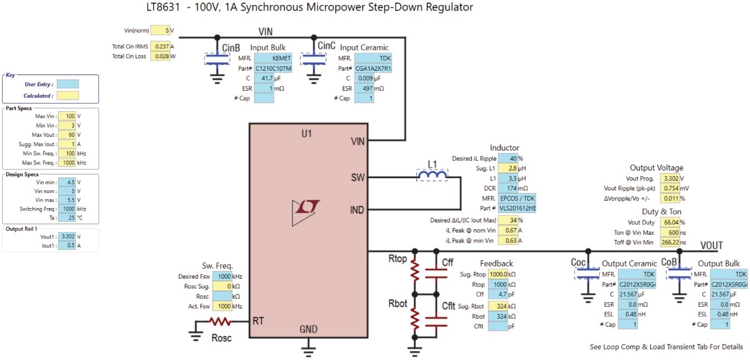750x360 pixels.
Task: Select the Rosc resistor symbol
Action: (220, 322)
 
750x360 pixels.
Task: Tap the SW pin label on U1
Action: (358, 177)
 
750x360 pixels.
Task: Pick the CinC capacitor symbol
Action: (313, 60)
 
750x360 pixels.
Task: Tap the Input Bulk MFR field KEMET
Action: (273, 58)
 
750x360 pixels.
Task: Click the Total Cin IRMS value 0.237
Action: (160, 47)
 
